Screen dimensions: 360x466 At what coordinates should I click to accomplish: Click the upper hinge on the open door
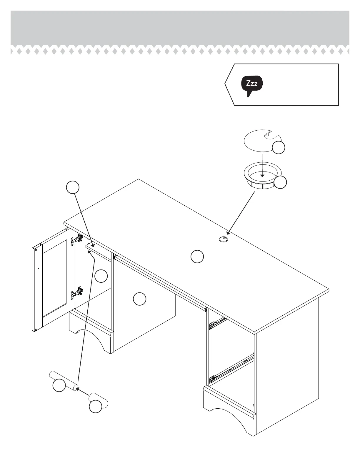point(76,240)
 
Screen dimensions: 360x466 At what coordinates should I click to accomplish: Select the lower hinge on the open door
point(76,293)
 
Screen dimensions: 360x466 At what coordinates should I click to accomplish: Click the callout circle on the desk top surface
point(197,257)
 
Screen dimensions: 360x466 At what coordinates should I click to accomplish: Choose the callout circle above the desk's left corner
point(72,187)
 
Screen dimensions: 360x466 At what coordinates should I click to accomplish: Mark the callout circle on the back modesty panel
point(139,299)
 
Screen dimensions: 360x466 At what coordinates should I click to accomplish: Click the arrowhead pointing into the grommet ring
point(262,175)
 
